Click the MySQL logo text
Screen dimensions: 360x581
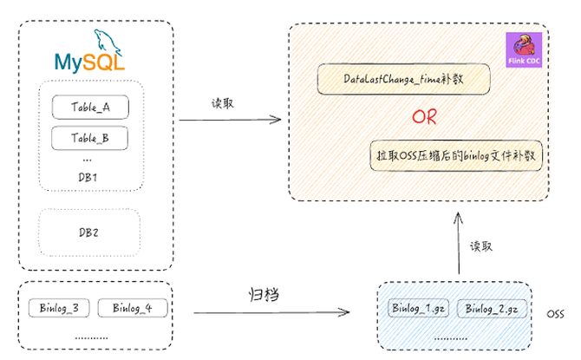click(x=88, y=62)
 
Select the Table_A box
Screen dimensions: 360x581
click(x=90, y=107)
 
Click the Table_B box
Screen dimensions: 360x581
click(x=90, y=138)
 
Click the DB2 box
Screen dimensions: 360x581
click(x=88, y=232)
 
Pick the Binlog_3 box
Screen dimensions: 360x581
click(x=59, y=308)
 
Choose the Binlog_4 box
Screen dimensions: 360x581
click(x=131, y=308)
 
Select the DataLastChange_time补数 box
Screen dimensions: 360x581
click(x=404, y=80)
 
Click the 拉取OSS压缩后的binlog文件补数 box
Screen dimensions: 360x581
click(x=454, y=157)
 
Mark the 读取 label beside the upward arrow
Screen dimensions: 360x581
click(x=481, y=245)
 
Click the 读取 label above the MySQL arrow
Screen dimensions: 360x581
click(x=223, y=101)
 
